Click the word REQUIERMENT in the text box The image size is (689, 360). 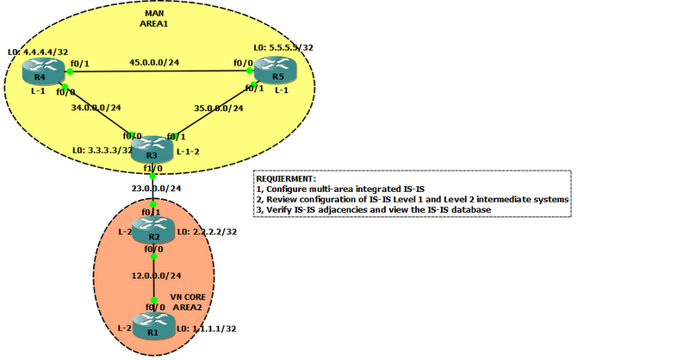[x=287, y=177]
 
